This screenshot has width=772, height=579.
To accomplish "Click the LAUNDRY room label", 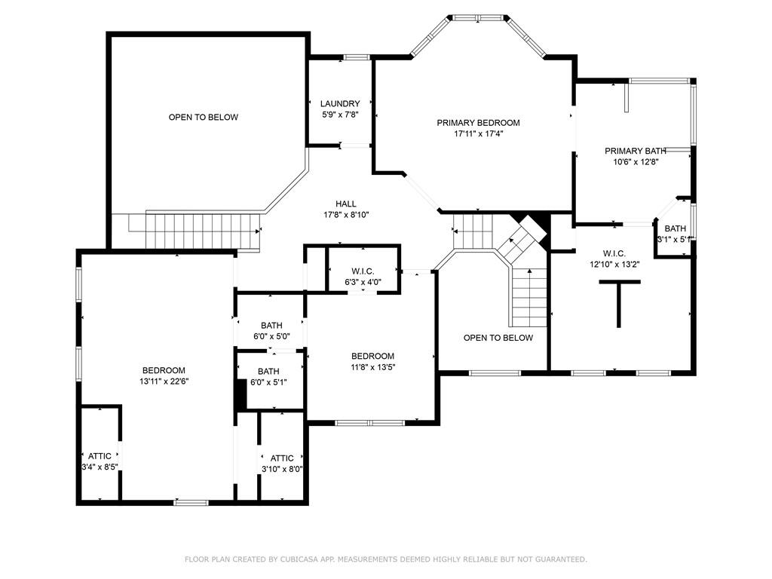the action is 340,103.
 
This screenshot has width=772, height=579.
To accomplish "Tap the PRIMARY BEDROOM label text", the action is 478,123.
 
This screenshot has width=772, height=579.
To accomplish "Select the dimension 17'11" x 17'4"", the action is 478,133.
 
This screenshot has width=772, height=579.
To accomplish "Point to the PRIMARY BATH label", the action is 635,151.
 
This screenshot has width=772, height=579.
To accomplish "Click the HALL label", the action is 345,204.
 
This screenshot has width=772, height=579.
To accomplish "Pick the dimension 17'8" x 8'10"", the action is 345,215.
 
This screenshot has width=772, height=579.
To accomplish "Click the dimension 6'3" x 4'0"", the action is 363,283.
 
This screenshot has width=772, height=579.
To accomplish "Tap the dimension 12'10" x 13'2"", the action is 614,265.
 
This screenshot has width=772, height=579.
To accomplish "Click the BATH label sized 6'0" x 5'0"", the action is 271,326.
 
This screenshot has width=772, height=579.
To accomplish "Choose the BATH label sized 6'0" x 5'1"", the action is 268,371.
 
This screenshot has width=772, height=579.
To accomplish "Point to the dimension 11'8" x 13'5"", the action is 372,367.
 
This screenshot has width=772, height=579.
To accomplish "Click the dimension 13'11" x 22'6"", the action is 164,381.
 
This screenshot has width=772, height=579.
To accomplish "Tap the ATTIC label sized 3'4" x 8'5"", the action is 100,456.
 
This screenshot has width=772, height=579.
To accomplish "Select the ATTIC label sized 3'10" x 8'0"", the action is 282,458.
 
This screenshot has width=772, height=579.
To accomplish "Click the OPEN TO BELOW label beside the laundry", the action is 204,117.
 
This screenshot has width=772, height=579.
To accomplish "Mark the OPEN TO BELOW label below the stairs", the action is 498,338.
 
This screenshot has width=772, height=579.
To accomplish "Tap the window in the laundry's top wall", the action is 357,57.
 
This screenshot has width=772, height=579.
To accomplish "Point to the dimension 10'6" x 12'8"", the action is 635,162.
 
